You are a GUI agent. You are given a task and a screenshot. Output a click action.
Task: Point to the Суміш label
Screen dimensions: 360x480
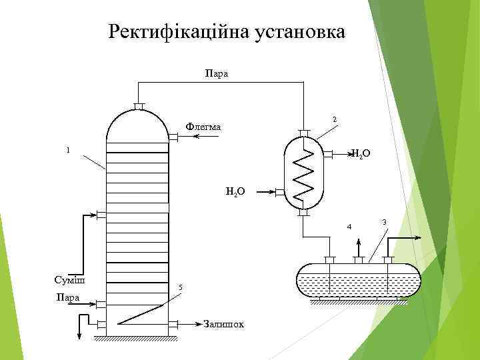tap(69, 279)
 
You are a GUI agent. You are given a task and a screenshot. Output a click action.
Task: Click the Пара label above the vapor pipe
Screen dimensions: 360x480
tap(217, 73)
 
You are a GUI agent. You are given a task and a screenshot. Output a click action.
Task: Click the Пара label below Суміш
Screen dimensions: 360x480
tap(68, 297)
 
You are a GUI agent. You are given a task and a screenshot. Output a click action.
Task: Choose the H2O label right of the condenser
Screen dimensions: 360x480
tap(360, 155)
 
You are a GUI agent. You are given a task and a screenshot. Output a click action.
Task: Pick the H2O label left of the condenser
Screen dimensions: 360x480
tap(235, 192)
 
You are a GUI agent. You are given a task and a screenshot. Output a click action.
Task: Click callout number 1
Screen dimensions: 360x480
tap(68, 149)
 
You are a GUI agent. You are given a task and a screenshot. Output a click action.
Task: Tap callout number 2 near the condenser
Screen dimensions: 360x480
tap(334, 119)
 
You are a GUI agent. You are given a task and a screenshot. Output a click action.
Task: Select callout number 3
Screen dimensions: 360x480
tap(384, 221)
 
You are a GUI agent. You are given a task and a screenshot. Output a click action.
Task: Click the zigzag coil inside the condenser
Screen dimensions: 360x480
tap(304, 171)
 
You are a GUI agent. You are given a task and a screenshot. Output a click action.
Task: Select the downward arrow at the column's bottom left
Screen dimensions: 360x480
tap(81, 333)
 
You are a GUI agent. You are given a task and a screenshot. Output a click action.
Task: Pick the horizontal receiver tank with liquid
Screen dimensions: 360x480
tap(359, 280)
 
